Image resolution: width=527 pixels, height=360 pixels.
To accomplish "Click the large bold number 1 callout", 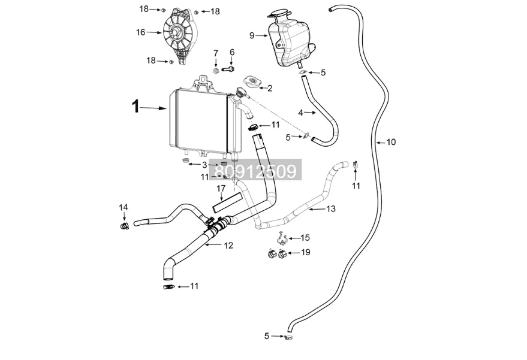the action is click(x=135, y=107).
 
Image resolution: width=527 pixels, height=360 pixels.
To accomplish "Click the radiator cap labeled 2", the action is click(x=252, y=82).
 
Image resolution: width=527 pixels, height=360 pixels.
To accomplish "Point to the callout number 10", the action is click(x=391, y=142).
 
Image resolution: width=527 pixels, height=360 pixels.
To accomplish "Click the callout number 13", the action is click(x=331, y=209).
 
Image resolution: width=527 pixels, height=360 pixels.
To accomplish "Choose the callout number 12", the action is click(x=228, y=246).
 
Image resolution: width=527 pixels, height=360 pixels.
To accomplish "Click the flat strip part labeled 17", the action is click(x=227, y=202).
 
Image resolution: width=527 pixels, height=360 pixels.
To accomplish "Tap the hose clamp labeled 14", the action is click(x=124, y=226).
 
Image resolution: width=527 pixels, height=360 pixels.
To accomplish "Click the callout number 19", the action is click(x=306, y=252).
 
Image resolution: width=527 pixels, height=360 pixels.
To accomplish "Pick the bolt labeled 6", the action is click(x=228, y=69).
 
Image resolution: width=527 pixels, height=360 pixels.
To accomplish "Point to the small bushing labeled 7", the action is click(x=216, y=71).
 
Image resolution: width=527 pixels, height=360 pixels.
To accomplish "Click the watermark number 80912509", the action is click(x=255, y=170).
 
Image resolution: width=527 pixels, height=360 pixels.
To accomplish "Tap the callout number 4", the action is click(x=301, y=113).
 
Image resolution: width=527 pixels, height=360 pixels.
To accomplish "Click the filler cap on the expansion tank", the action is click(x=279, y=14).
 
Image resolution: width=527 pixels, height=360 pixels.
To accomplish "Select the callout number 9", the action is click(x=252, y=35).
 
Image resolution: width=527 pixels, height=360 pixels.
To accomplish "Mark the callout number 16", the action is click(x=140, y=32).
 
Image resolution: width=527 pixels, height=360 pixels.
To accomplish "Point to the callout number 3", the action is click(x=204, y=165).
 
